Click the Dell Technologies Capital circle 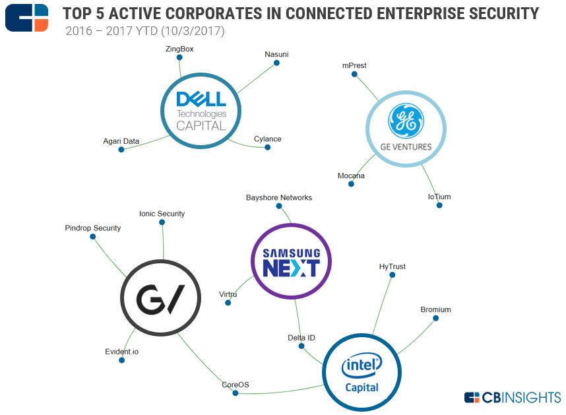(x=201, y=112)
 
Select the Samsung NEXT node (x=291, y=263)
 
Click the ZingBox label (x=179, y=49)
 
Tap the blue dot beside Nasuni (x=277, y=63)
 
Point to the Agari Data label (x=121, y=141)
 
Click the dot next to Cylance (x=268, y=147)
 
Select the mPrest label (x=354, y=66)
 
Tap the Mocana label (x=351, y=176)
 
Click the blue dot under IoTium (x=439, y=205)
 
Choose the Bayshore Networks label (x=278, y=197)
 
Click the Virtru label (x=228, y=294)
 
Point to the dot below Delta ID (x=301, y=346)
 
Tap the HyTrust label (x=393, y=267)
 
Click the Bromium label (x=435, y=309)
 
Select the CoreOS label (x=236, y=385)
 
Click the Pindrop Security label (x=93, y=228)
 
